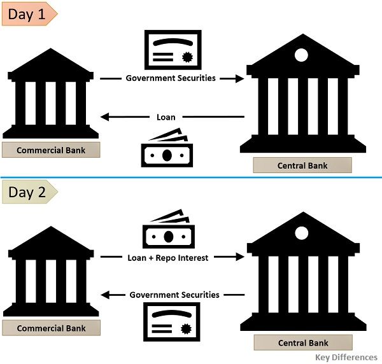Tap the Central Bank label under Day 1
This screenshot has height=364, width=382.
[302, 165]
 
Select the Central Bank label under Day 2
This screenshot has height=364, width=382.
[302, 343]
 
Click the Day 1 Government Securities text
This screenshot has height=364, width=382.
[171, 78]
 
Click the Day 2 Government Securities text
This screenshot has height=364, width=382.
[174, 295]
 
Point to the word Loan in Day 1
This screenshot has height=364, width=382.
[166, 117]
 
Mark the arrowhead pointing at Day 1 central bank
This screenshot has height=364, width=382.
[240, 78]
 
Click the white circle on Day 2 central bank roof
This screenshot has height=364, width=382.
[301, 232]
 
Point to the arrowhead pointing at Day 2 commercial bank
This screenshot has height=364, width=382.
[106, 295]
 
